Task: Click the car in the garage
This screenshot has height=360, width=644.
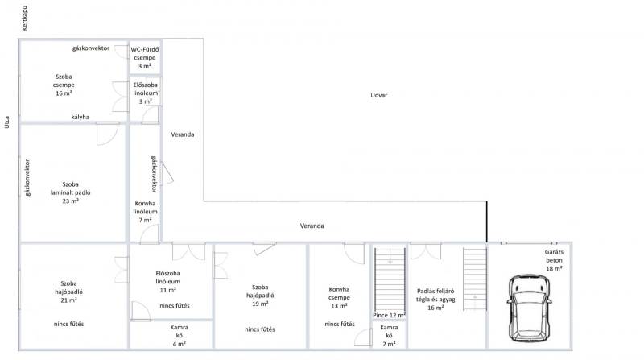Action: click(x=530, y=308)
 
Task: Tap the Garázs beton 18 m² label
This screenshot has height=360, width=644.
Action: click(x=554, y=260)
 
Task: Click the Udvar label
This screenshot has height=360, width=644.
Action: click(x=378, y=95)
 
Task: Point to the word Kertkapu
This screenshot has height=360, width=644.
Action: click(x=25, y=18)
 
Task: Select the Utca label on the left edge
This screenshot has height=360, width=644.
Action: click(x=7, y=122)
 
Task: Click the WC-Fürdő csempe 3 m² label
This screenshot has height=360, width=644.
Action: click(x=145, y=57)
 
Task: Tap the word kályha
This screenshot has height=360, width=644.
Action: click(x=80, y=117)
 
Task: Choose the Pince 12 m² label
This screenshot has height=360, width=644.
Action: click(x=389, y=315)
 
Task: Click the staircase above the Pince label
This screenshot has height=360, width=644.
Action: click(x=390, y=279)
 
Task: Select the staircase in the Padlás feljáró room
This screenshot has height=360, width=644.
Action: click(x=475, y=279)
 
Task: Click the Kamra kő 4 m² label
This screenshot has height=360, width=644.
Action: click(x=179, y=335)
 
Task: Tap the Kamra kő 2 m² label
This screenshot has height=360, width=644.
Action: click(x=389, y=335)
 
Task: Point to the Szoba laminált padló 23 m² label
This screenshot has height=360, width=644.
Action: click(x=71, y=192)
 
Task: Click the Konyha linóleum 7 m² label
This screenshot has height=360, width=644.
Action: click(x=145, y=212)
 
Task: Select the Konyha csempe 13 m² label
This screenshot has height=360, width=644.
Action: click(x=339, y=297)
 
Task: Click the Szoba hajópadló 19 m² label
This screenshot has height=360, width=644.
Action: click(x=260, y=296)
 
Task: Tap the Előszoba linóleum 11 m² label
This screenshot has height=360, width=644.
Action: click(x=167, y=282)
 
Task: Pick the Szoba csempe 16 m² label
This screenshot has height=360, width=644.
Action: click(x=64, y=85)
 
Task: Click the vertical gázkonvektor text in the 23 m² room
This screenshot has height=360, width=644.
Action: click(x=27, y=177)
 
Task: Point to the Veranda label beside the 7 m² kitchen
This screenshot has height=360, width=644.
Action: click(x=183, y=134)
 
